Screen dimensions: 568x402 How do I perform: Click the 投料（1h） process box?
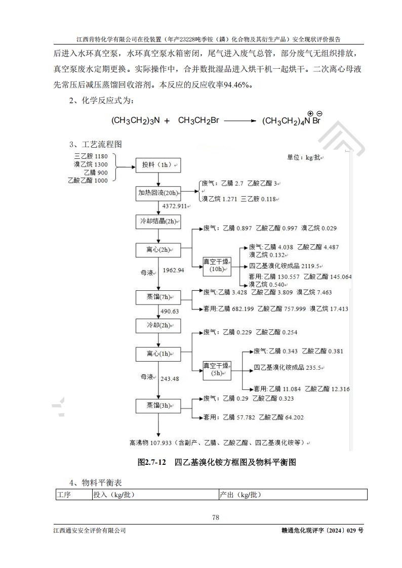click(x=158, y=165)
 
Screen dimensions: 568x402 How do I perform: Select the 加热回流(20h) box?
click(x=158, y=193)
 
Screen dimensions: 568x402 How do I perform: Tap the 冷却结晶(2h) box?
click(x=158, y=222)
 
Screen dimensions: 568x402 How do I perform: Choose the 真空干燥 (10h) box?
click(x=217, y=265)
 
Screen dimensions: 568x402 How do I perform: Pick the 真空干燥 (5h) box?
click(x=217, y=370)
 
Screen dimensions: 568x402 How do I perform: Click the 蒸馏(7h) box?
click(x=158, y=297)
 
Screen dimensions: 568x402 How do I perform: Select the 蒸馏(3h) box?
click(x=158, y=405)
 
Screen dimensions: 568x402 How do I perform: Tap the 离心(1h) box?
click(x=158, y=354)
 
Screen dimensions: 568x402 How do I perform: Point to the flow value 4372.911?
click(x=175, y=206)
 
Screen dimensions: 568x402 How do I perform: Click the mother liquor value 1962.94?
click(x=174, y=271)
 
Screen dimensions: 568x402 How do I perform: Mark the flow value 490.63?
click(x=170, y=312)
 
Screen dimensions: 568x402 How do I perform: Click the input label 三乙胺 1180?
click(x=91, y=157)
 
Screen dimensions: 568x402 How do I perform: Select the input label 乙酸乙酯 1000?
click(x=88, y=181)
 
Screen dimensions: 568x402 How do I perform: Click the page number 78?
click(x=216, y=517)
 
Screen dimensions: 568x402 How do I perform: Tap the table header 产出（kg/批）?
click(x=240, y=495)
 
